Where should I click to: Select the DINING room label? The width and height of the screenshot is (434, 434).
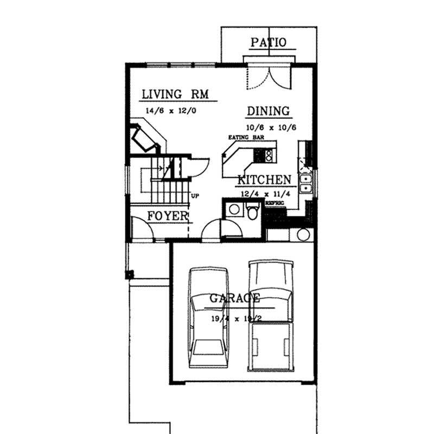coord(269,111)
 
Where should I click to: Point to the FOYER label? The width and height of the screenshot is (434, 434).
coord(168,216)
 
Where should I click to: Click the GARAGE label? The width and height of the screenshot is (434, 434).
coord(234,298)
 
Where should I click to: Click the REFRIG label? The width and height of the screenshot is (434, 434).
coord(275,202)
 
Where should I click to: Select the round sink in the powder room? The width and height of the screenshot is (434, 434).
coord(234,209)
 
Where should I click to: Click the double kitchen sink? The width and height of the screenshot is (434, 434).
coord(306,183)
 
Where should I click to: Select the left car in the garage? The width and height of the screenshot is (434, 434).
coord(209,317)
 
